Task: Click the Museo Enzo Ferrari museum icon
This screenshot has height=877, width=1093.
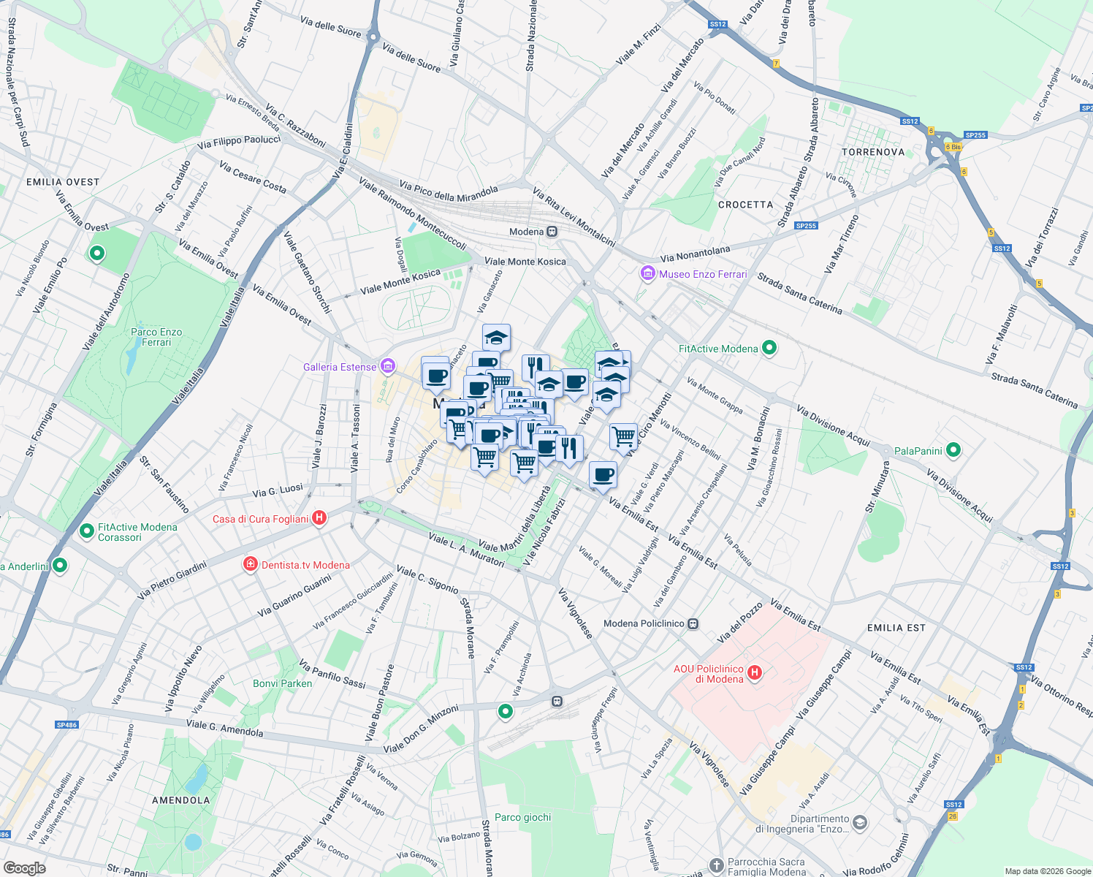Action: (x=647, y=274)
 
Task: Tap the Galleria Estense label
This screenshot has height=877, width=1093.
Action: (x=340, y=367)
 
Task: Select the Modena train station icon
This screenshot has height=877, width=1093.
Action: (x=552, y=232)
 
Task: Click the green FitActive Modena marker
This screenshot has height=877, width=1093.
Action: (x=769, y=349)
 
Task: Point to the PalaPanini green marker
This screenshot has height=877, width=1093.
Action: (x=953, y=451)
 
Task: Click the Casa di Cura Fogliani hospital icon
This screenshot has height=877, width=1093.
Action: (x=319, y=519)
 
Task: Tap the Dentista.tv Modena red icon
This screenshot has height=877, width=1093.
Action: (x=250, y=565)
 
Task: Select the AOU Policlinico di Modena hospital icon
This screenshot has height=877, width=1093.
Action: (x=755, y=673)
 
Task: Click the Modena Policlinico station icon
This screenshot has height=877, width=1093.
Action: (x=693, y=624)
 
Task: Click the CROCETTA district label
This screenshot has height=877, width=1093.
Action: (x=745, y=205)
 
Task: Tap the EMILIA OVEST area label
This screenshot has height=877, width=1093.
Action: (x=63, y=182)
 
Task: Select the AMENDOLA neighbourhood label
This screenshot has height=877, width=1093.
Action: (x=180, y=800)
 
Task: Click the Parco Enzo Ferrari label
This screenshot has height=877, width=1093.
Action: (x=156, y=337)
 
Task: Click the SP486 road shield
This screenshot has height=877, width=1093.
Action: (x=66, y=725)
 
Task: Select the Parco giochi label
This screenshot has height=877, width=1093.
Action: (x=522, y=817)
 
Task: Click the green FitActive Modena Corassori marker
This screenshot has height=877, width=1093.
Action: (x=87, y=530)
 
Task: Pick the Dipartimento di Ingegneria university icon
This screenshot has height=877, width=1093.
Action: (x=860, y=823)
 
